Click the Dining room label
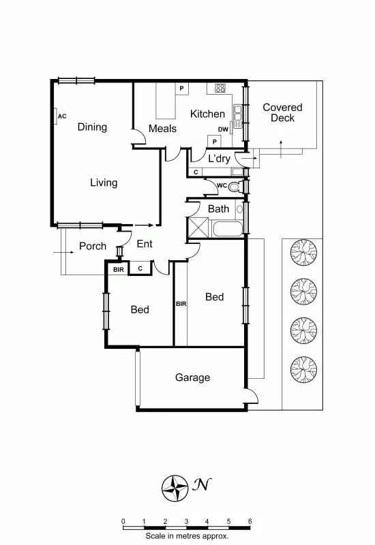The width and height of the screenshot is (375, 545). (92, 127)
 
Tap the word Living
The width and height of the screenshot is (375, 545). (104, 183)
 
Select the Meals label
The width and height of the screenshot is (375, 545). (162, 128)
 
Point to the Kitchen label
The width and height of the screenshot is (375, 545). (207, 114)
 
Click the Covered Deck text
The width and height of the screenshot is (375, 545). (282, 112)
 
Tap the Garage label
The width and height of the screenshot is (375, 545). (192, 377)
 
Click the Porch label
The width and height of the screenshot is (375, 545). (93, 246)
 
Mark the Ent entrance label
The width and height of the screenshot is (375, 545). (145, 244)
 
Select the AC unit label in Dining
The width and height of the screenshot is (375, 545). (62, 116)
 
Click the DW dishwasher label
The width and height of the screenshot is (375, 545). (223, 129)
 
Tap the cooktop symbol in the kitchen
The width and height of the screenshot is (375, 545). (220, 88)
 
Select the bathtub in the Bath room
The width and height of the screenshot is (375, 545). (227, 228)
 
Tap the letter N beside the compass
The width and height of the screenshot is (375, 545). (200, 485)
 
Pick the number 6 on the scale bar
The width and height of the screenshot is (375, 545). (250, 521)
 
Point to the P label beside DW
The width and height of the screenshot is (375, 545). (214, 141)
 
